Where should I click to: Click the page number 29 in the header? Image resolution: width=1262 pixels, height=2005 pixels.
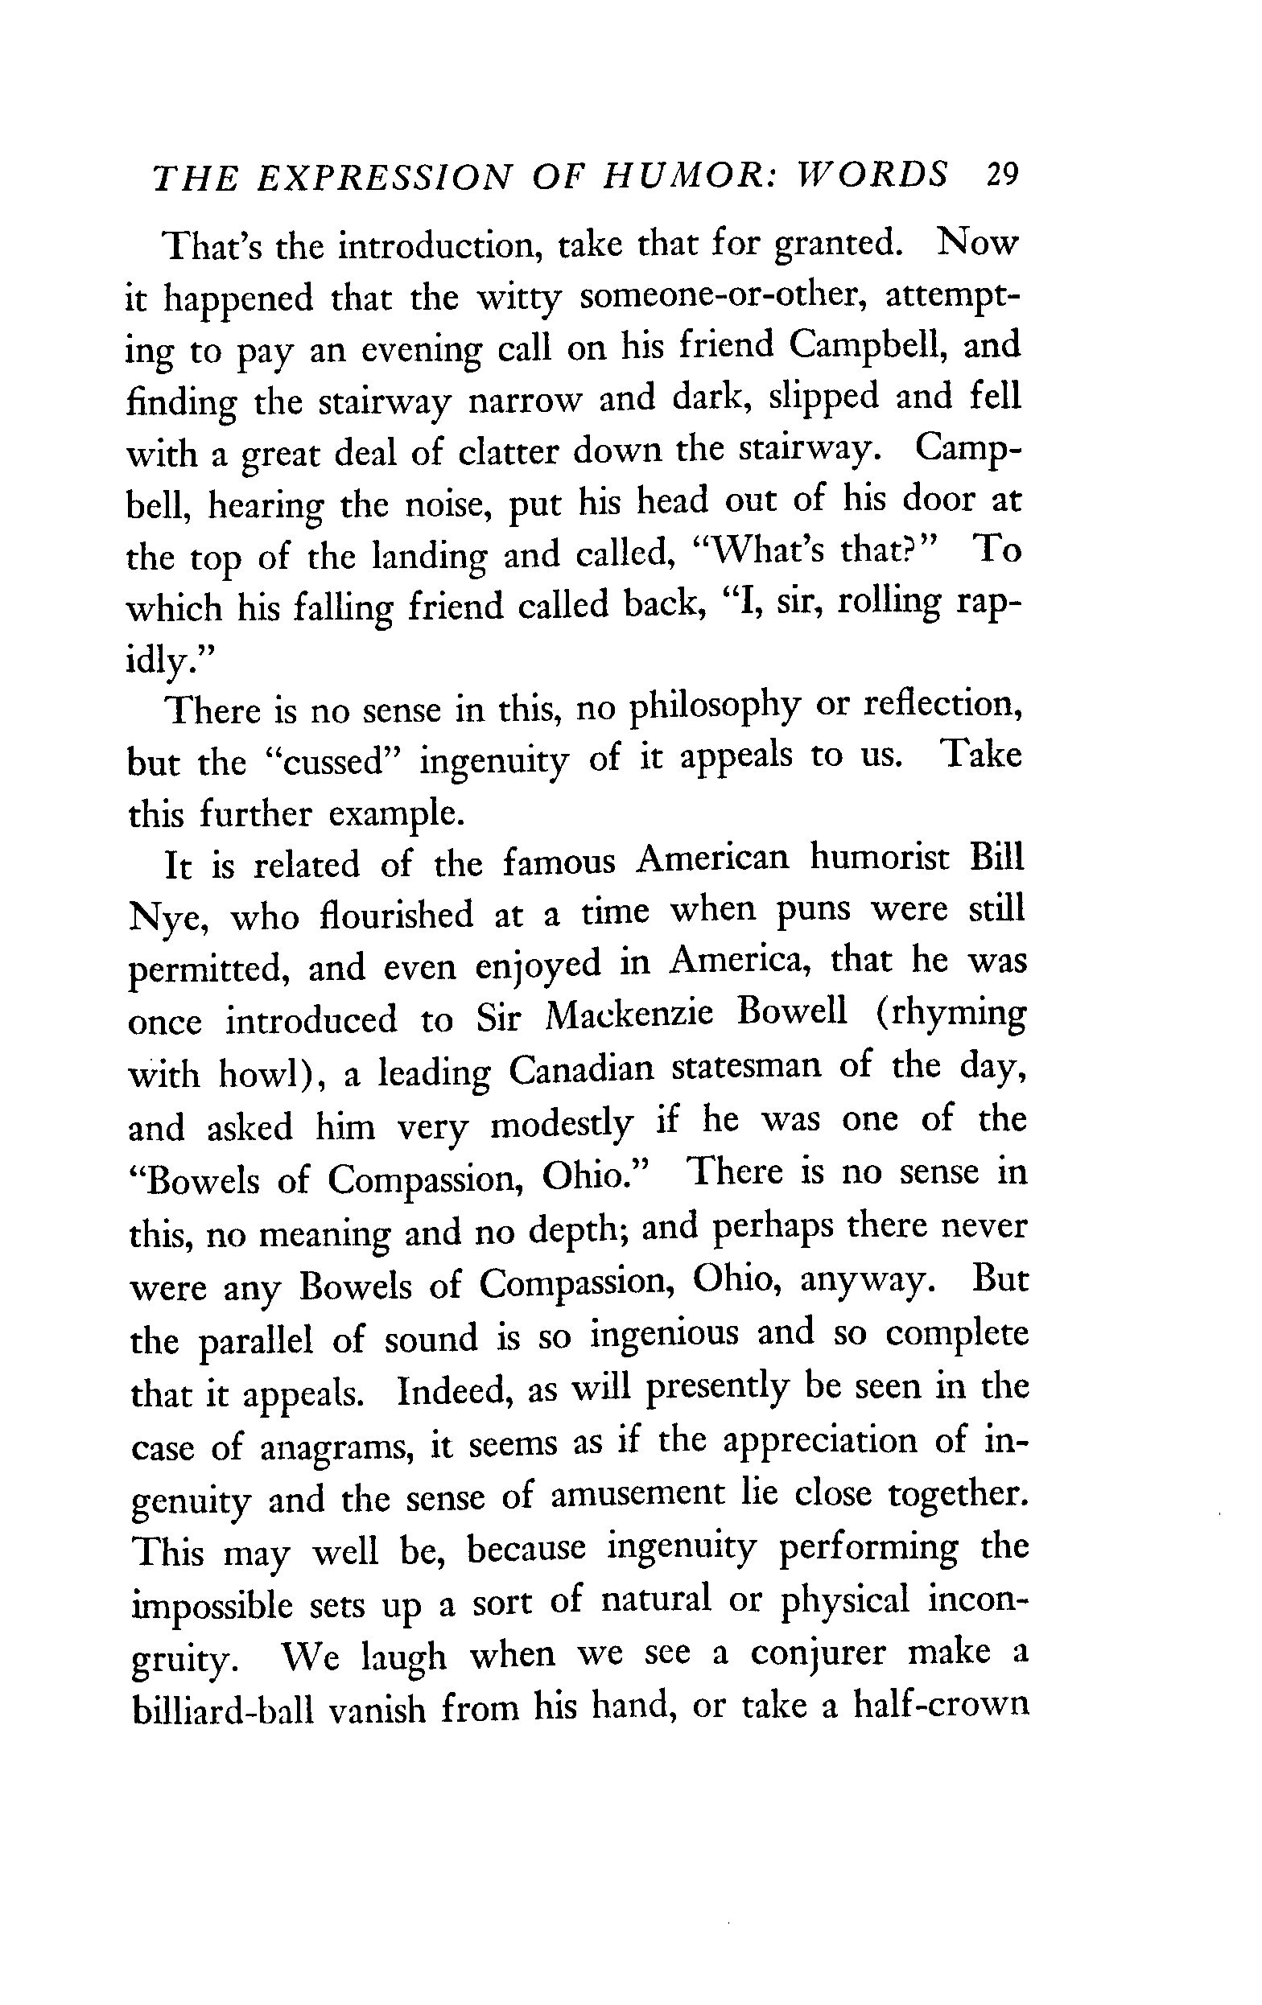click(x=1001, y=175)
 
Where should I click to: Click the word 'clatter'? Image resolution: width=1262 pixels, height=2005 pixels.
click(x=509, y=452)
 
